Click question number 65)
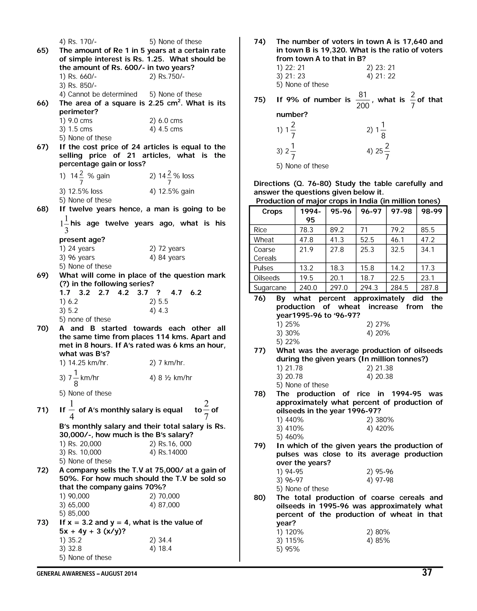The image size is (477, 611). click(43, 50)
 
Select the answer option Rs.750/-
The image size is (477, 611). click(167, 76)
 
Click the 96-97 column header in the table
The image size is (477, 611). click(371, 211)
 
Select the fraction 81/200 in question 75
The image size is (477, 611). click(363, 100)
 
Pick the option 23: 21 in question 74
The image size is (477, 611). click(381, 67)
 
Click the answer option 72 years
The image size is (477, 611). click(167, 248)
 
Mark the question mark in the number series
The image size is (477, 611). click(159, 293)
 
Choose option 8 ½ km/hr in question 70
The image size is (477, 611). click(171, 378)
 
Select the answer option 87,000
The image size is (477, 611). click(164, 505)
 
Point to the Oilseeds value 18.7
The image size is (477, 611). click(367, 278)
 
